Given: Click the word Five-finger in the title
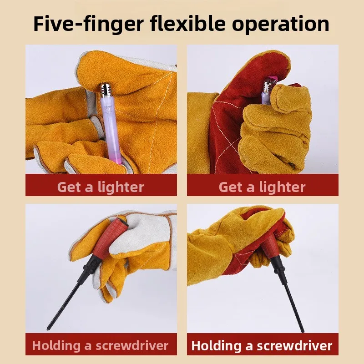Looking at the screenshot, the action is [x=89, y=25].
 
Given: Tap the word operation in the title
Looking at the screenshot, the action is [x=280, y=24].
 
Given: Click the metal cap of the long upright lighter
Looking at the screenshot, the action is [x=106, y=90].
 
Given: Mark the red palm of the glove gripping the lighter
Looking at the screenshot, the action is [x=232, y=121].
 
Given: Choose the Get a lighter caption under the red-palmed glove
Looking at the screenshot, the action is [x=262, y=187].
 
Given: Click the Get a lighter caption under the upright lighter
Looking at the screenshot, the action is [x=101, y=187].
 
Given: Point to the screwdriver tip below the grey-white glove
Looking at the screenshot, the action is [x=49, y=328].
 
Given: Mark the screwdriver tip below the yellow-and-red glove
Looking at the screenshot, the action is [x=302, y=331].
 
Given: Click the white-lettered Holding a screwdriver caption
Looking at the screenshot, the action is [x=262, y=346].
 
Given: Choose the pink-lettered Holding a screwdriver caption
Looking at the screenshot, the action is [x=100, y=346].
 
